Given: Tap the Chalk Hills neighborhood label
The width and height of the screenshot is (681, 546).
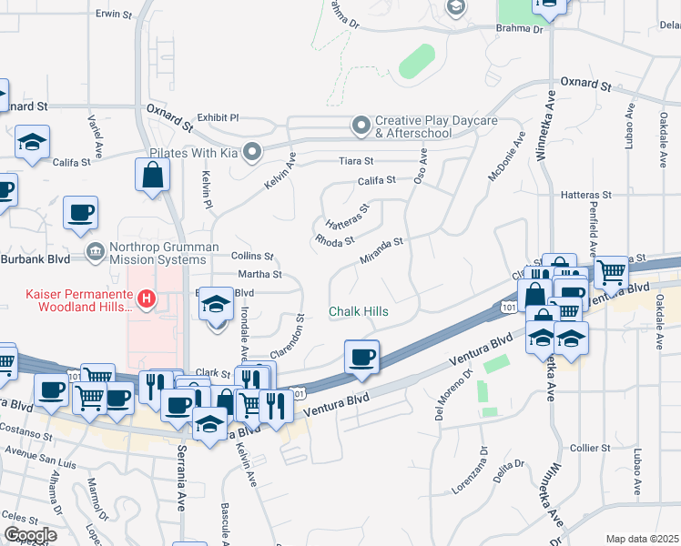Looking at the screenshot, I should [x=359, y=312].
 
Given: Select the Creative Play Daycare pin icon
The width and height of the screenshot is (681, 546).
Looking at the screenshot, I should [x=361, y=124].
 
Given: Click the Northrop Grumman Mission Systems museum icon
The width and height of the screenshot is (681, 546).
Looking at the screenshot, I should [x=95, y=251].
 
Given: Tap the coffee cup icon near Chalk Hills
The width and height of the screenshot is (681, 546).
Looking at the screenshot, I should [x=362, y=355].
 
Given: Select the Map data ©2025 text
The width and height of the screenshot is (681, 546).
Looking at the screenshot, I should [x=642, y=539].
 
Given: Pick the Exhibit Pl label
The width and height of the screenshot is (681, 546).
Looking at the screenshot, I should [x=218, y=117].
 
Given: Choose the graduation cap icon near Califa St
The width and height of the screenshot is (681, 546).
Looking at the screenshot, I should [x=32, y=142].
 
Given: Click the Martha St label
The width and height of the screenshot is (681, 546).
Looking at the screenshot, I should [x=259, y=274].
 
